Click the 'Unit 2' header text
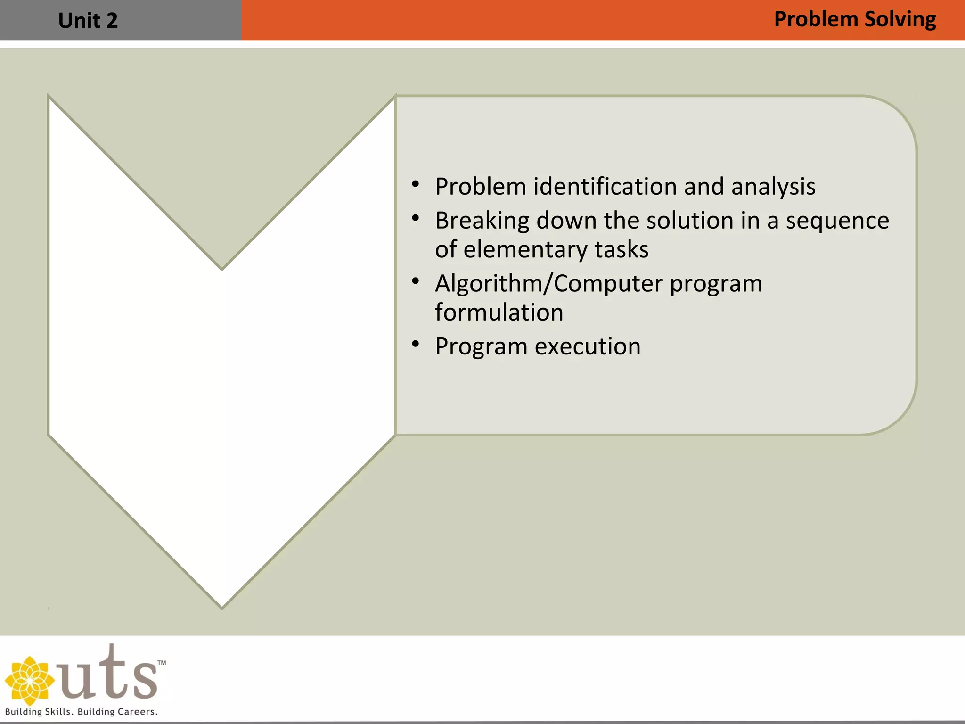[x=88, y=21]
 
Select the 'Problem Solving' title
[x=854, y=20]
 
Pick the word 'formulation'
[x=499, y=312]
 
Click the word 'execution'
[x=588, y=346]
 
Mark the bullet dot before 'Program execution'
[x=415, y=344]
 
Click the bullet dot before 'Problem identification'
[x=415, y=184]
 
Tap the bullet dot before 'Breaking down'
[x=415, y=218]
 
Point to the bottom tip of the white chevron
[x=222, y=606]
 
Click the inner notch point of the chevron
[x=222, y=269]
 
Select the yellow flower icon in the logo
[x=29, y=680]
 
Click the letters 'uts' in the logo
[x=108, y=674]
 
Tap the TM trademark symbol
[x=161, y=663]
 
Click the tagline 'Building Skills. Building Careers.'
[x=81, y=712]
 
